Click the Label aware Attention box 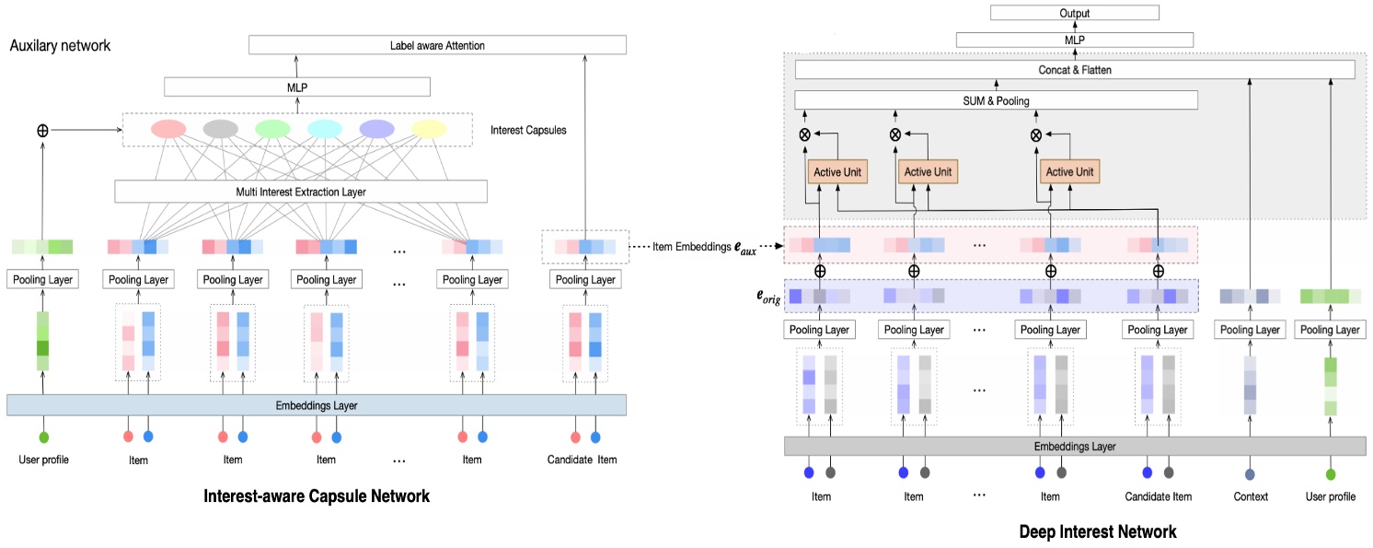(437, 45)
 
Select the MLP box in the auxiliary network (297, 87)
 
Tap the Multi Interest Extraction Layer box (301, 192)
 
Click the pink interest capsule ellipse (167, 129)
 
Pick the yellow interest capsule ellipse (428, 129)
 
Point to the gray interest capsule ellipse (220, 129)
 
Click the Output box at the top (1074, 13)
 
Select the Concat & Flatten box (1074, 70)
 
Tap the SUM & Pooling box (996, 100)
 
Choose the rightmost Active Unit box (1071, 172)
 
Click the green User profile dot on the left (43, 437)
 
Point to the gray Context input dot (1250, 474)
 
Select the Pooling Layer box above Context (1250, 329)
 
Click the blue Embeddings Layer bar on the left (317, 405)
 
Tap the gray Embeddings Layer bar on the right (1074, 446)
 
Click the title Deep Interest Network (1097, 531)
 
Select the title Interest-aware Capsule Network (316, 496)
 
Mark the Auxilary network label (60, 45)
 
